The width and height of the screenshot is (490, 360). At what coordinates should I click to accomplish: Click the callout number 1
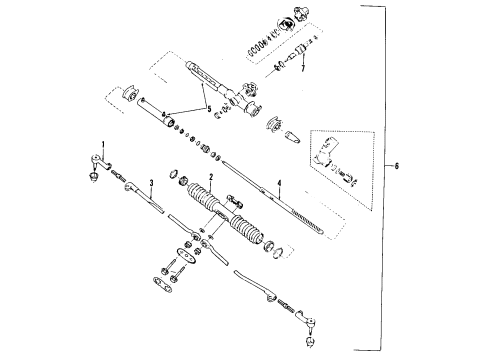(101, 143)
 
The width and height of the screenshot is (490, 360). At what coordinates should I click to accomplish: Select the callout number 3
(149, 183)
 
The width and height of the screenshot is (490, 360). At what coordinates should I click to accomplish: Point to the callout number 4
(280, 183)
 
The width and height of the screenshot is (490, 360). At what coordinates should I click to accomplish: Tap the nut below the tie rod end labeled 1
(93, 179)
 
